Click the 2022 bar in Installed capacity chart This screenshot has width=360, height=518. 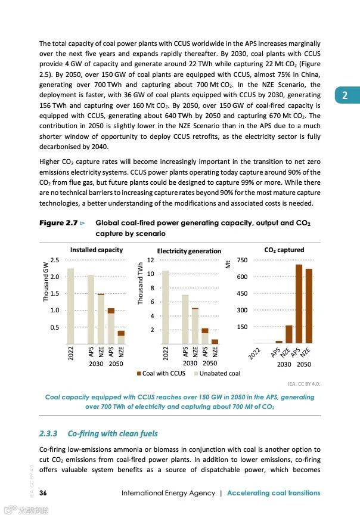[70, 306]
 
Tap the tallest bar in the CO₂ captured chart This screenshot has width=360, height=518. [299, 303]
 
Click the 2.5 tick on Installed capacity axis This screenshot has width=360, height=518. [54, 260]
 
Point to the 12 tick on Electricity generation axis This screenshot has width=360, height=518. [151, 260]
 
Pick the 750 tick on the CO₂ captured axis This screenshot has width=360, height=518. [243, 260]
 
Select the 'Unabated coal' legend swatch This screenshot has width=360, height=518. [195, 374]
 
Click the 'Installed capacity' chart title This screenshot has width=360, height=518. [97, 250]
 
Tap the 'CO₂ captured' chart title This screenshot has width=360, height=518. [284, 250]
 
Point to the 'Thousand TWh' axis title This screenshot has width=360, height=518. [141, 284]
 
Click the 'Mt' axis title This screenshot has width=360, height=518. [228, 264]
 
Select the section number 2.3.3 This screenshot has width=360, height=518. [49, 433]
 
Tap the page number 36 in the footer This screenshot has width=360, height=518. [43, 493]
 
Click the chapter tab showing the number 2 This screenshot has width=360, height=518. [345, 95]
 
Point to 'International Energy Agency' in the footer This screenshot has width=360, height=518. [167, 493]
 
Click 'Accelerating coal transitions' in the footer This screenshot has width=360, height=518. [273, 493]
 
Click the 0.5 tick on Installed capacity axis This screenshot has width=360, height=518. [54, 327]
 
